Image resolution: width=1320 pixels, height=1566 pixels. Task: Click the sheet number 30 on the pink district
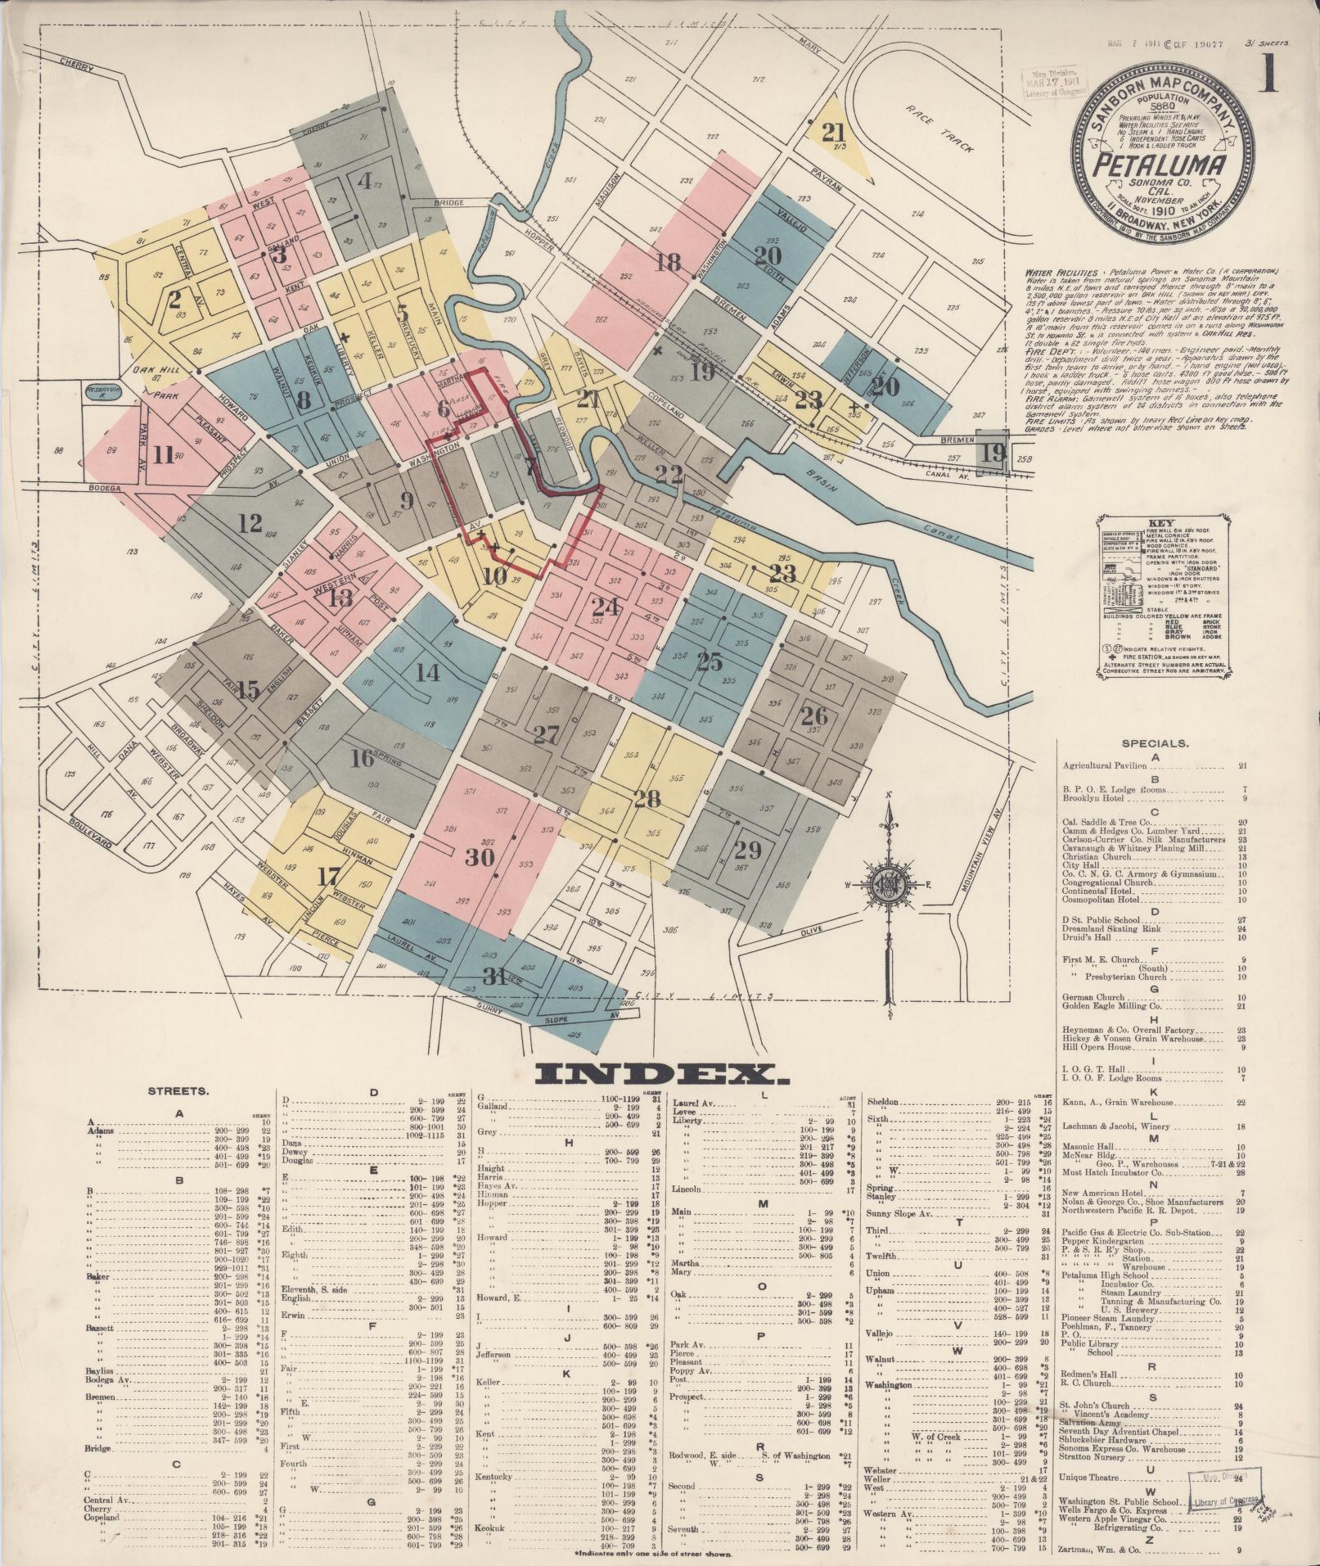(480, 857)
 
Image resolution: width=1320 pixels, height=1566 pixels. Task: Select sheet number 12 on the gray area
(250, 521)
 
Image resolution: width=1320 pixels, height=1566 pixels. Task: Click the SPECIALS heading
(1155, 744)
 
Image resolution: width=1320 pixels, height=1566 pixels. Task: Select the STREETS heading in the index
(178, 1091)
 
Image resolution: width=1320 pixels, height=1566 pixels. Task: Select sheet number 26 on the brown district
(813, 717)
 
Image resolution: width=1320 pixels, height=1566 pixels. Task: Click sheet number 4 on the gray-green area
(364, 179)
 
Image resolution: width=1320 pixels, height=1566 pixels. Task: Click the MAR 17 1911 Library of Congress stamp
(1047, 83)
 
